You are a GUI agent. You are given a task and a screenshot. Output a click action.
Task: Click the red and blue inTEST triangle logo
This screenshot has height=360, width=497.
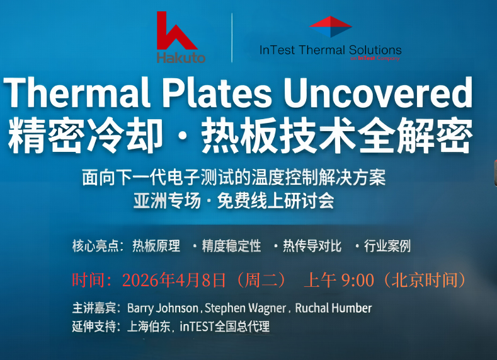coord(330,26)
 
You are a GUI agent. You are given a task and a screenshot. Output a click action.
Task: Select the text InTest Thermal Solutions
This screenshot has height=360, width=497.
coord(330,50)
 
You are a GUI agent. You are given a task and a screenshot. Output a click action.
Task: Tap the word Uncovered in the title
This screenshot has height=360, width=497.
coord(377,93)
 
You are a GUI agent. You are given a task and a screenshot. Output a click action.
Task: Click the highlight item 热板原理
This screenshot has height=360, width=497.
coord(156,246)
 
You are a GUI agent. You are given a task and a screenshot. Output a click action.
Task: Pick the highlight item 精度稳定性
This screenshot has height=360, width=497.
coord(231,246)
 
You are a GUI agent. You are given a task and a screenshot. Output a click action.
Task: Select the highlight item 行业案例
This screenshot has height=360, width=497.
coord(387,246)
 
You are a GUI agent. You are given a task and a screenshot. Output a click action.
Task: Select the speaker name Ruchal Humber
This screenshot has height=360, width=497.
coord(334,308)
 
